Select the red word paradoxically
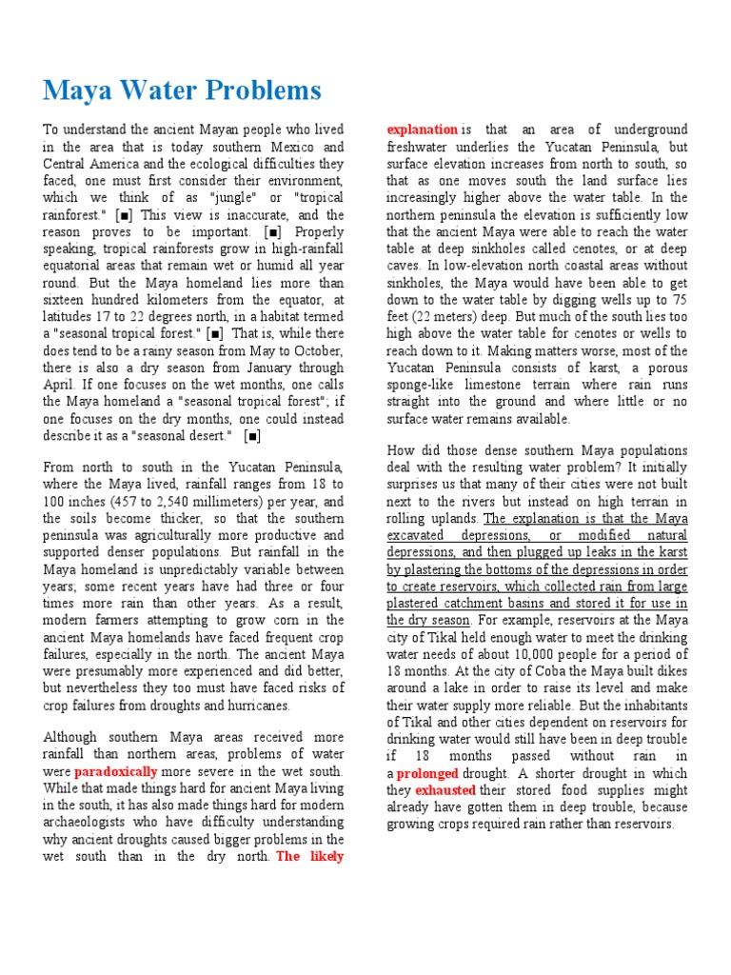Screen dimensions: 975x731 [x=115, y=770]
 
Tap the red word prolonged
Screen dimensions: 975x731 [x=427, y=773]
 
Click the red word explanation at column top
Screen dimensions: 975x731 [x=422, y=129]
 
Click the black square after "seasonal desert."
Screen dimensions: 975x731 [x=253, y=436]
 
